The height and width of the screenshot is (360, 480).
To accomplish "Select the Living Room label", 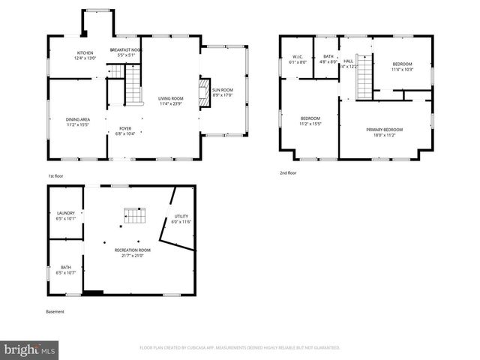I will [170, 100].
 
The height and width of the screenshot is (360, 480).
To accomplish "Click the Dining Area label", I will [79, 122].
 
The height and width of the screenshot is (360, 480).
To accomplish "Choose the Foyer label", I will [124, 130].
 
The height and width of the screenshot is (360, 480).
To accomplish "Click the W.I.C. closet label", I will [298, 59].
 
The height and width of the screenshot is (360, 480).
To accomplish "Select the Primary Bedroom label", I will [385, 132].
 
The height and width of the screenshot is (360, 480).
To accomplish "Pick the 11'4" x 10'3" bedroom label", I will [403, 67].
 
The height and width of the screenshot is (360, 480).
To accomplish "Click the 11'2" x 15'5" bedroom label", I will [310, 121].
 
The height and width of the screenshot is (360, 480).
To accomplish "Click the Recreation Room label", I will [132, 253].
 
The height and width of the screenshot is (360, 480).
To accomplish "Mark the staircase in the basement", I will [133, 216].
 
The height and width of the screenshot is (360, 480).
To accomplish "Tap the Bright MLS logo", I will [30, 349].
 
